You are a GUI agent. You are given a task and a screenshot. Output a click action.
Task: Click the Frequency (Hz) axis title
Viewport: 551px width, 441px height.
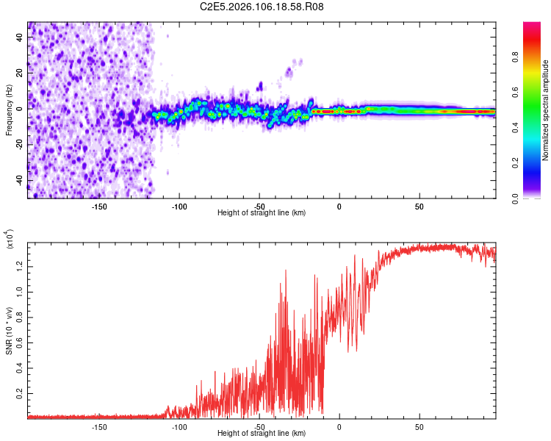[x=10, y=110]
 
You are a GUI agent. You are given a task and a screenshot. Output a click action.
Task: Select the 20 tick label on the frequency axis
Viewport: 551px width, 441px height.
[x=20, y=73]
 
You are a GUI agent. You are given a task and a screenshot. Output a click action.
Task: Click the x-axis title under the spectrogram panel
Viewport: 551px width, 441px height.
[x=262, y=212]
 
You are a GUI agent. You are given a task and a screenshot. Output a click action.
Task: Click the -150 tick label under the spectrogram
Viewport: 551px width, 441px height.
[x=100, y=206]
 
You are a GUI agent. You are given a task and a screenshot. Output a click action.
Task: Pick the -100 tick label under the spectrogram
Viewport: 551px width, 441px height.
[x=180, y=206]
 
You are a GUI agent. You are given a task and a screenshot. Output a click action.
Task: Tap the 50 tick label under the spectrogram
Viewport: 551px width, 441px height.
[x=419, y=206]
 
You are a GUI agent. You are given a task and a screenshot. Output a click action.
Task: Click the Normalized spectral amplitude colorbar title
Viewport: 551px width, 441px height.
[x=546, y=110]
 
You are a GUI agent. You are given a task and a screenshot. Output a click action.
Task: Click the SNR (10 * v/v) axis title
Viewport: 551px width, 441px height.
[x=10, y=328]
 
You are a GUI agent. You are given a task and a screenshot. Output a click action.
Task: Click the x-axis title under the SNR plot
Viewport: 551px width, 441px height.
[x=262, y=433]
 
